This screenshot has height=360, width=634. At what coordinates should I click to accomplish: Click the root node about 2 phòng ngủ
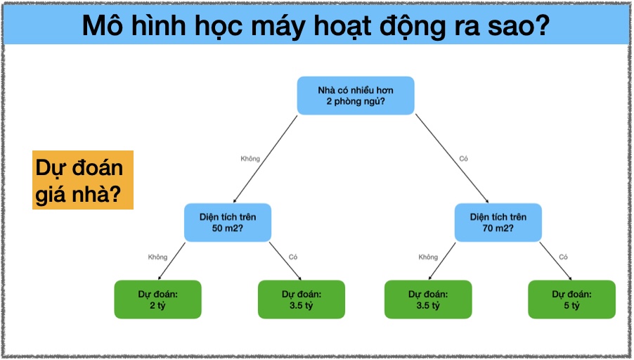coord(356,96)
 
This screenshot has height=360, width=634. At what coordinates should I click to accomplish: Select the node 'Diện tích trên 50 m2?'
coord(228,222)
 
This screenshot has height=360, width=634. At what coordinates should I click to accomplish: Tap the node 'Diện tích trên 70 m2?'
coord(498,222)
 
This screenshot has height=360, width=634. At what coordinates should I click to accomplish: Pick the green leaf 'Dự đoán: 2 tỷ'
coord(157,300)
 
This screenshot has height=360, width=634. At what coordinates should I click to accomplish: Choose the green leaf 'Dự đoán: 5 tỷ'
coord(571,300)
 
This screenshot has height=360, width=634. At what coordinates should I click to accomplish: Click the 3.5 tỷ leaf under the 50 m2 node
coord(302,300)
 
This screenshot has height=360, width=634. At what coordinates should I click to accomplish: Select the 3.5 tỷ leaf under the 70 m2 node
coord(428,300)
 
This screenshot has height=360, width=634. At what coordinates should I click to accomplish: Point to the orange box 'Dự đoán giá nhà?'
coord(83,180)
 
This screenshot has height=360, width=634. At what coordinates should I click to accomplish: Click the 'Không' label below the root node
coord(250,159)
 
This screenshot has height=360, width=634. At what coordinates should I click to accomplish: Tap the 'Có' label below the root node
coord(463,159)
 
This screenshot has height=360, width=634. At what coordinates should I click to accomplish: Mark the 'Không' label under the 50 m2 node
coord(157,257)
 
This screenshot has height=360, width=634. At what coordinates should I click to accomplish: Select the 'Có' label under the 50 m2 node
coord(293,257)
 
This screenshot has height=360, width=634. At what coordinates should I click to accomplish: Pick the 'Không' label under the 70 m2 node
coord(428,257)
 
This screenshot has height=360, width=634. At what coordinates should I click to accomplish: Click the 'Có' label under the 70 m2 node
coord(563,257)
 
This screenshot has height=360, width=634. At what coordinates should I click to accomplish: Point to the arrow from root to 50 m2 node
coord(265,159)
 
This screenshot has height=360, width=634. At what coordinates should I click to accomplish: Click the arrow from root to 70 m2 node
coord(452,158)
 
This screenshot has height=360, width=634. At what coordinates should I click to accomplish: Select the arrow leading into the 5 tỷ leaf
coord(555,261)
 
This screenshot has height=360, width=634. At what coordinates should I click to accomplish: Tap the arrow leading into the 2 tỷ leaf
coord(172,261)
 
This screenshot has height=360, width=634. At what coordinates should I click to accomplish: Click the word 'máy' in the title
coord(278,25)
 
